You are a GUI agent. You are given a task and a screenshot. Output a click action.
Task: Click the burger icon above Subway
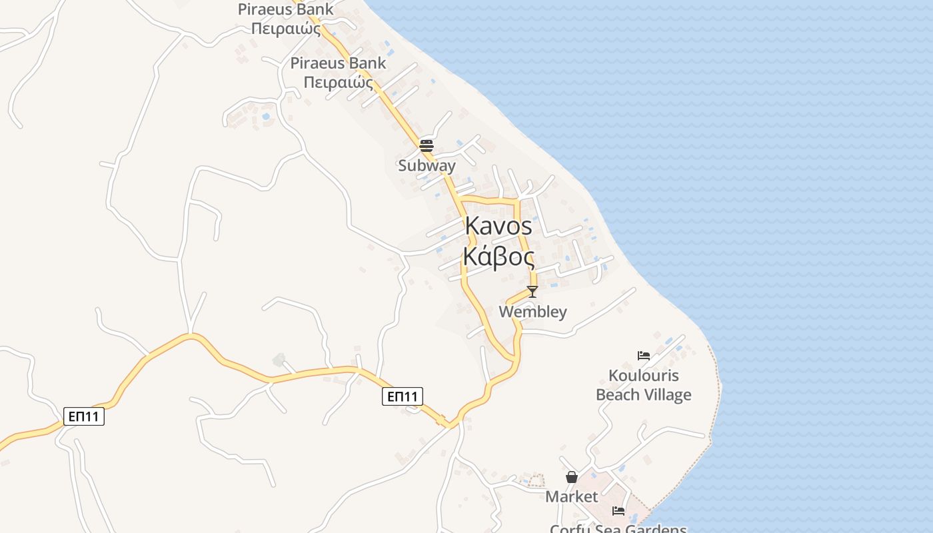[427, 145]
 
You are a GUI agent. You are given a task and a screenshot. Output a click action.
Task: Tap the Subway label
[427, 165]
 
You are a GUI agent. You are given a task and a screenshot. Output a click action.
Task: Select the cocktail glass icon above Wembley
[532, 292]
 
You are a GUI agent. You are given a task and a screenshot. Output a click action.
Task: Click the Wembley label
[532, 312]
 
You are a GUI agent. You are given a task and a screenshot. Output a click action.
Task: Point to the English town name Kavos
[498, 227]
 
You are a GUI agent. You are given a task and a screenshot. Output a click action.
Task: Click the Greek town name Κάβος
[498, 257]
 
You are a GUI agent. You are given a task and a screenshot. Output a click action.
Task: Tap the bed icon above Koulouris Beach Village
[643, 356]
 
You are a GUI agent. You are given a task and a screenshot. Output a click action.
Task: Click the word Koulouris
[643, 376]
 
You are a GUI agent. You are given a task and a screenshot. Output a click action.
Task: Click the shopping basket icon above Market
[572, 477]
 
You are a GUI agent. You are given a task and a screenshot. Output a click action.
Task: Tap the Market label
[572, 497]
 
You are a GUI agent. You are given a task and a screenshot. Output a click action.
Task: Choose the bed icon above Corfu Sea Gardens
[618, 511]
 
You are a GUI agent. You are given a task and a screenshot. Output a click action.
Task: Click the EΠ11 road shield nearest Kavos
[403, 396]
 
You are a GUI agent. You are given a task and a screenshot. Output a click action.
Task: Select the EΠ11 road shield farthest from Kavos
[84, 417]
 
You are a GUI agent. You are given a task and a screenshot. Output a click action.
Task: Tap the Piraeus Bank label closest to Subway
[338, 63]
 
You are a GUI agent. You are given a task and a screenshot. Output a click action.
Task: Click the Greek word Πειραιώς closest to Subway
[338, 82]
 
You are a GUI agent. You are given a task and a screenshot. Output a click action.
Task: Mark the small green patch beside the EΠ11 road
[279, 360]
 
